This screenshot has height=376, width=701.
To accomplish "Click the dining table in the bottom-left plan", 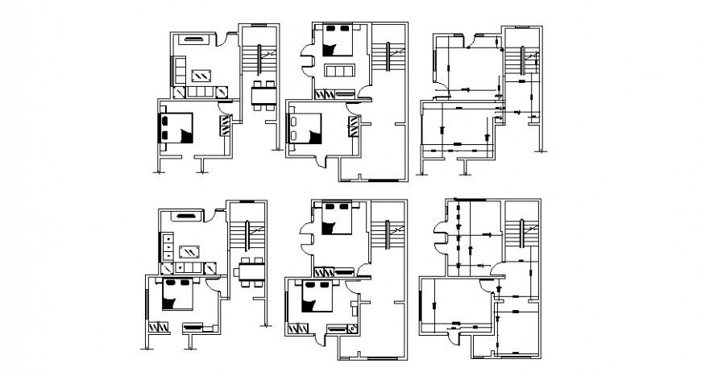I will click(251, 271).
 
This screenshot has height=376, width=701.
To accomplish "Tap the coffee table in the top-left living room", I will click(201, 76).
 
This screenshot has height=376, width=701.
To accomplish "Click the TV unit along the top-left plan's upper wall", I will click(194, 36).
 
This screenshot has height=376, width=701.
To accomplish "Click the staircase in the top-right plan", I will click(521, 61).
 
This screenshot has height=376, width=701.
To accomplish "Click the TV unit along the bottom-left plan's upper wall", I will click(184, 216).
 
